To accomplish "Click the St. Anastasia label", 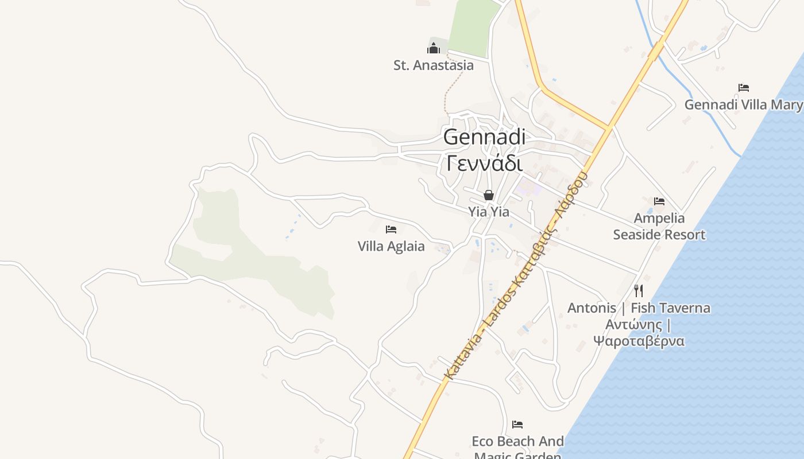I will (x=434, y=65).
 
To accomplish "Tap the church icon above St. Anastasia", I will (x=434, y=48).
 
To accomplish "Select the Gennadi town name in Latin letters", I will (x=484, y=137).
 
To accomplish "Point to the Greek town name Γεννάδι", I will (x=484, y=164).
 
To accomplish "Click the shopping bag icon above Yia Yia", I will (x=489, y=195).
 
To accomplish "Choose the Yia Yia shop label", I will (x=489, y=212).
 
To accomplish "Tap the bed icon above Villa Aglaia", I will (x=391, y=229).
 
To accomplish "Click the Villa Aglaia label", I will (x=391, y=247).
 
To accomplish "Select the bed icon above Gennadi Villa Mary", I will (x=744, y=88).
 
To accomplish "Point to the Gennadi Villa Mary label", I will (x=743, y=105).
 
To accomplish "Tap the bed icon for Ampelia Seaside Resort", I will (x=659, y=201).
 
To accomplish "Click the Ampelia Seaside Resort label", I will (x=659, y=226).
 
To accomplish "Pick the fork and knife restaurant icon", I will (x=639, y=290).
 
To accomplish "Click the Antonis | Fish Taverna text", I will (x=639, y=308).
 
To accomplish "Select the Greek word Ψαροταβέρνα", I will (x=639, y=341).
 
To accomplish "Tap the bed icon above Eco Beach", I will (x=517, y=425).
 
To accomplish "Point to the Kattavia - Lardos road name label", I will (x=516, y=275).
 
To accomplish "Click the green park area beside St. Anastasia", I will (x=471, y=26).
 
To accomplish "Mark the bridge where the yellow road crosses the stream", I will (x=656, y=50).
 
